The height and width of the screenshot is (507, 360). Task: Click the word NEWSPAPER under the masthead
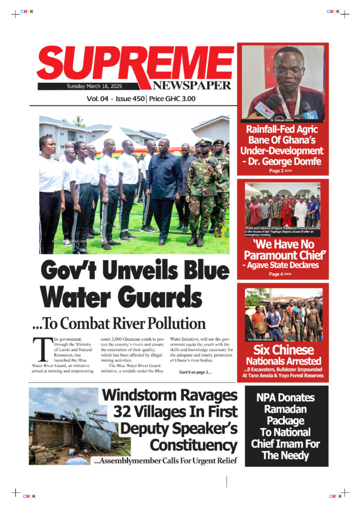point(192,86)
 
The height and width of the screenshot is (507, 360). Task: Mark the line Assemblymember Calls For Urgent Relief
point(165,461)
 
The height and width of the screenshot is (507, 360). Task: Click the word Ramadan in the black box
point(286,409)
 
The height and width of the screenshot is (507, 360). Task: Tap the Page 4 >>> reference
point(280,274)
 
